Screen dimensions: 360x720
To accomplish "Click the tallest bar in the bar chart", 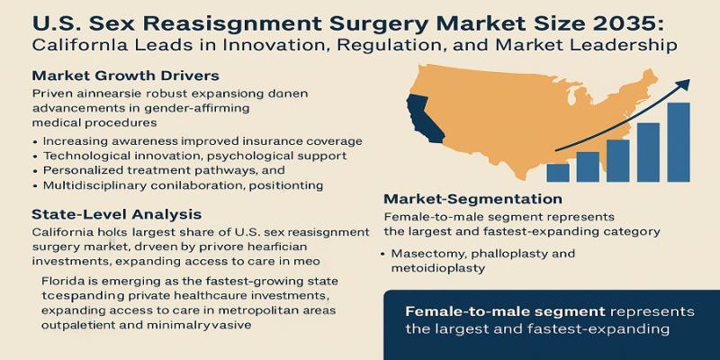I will [x=679, y=142].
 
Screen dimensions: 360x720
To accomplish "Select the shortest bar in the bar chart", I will [x=558, y=172].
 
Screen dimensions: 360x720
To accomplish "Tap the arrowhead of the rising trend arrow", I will [x=683, y=85].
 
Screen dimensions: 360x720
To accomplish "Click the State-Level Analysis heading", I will [x=116, y=214].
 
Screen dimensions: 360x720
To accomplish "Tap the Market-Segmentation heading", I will [x=472, y=199].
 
